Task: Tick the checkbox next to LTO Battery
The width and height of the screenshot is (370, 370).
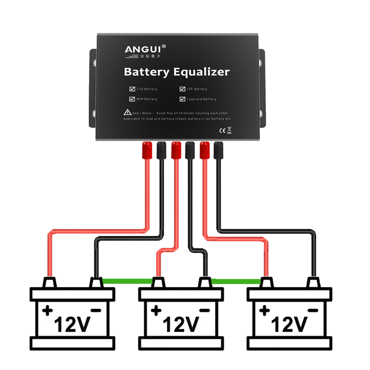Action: pyautogui.click(x=132, y=89)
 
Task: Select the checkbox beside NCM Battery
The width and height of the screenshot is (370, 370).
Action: pyautogui.click(x=132, y=99)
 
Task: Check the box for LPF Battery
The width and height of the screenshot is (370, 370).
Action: pyautogui.click(x=182, y=89)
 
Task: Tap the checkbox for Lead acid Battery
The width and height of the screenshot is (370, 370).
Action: pyautogui.click(x=182, y=99)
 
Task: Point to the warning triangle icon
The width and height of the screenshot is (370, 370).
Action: pyautogui.click(x=127, y=112)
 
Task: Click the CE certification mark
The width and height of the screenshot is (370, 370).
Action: pyautogui.click(x=220, y=130)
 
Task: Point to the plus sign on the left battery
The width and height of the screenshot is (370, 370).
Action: pyautogui.click(x=47, y=310)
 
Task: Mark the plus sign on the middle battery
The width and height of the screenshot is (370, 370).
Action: pyautogui.click(x=156, y=310)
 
